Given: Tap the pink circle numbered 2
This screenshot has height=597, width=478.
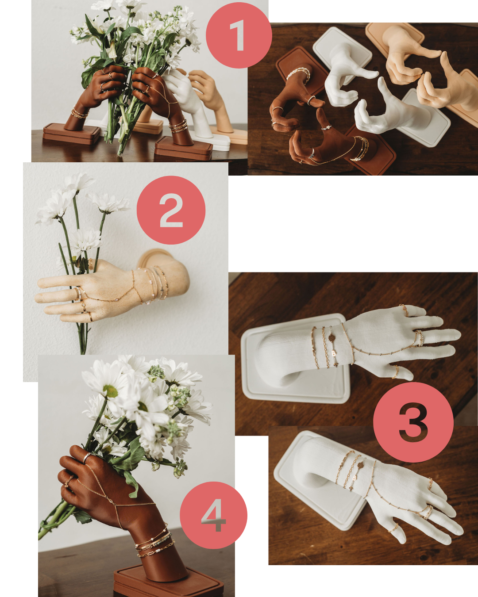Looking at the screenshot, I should click(x=171, y=210).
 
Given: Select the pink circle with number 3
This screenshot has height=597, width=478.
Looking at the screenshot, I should click(x=413, y=422).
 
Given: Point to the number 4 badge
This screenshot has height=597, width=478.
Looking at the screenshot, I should click(x=213, y=515).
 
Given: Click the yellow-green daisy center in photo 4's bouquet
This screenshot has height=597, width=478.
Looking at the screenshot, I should click(x=111, y=391).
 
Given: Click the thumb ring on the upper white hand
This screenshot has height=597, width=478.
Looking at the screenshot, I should click(x=395, y=371).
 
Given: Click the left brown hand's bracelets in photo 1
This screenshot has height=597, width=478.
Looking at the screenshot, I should click(x=79, y=114).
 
